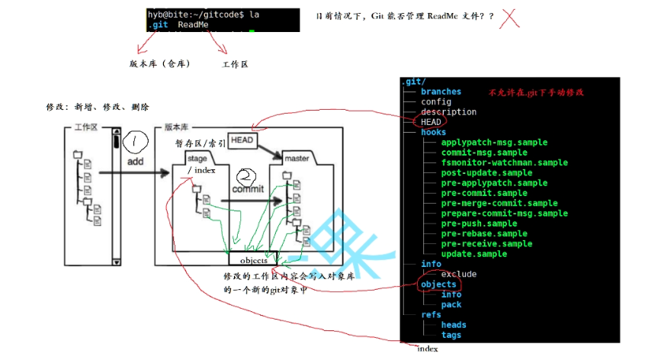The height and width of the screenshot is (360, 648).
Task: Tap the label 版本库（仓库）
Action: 159,63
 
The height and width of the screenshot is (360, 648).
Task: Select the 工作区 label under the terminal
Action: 235,64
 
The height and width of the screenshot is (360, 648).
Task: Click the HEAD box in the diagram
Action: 242,140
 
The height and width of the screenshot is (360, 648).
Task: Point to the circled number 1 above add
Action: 135,142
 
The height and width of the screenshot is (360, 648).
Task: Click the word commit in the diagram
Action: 248,189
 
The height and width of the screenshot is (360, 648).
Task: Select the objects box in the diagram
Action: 249,260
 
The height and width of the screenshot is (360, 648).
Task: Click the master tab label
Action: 297,159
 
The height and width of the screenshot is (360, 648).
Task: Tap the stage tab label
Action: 197,159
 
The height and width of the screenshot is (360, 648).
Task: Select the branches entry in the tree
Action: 441,92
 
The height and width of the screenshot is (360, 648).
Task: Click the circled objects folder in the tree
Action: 438,284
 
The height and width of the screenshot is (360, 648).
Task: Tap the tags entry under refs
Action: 451,335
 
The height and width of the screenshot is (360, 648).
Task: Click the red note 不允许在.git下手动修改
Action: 536,92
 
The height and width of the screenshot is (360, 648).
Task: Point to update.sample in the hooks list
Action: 473,254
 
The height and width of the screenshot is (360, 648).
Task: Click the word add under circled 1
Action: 135,162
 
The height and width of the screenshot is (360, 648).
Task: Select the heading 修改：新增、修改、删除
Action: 98,107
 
